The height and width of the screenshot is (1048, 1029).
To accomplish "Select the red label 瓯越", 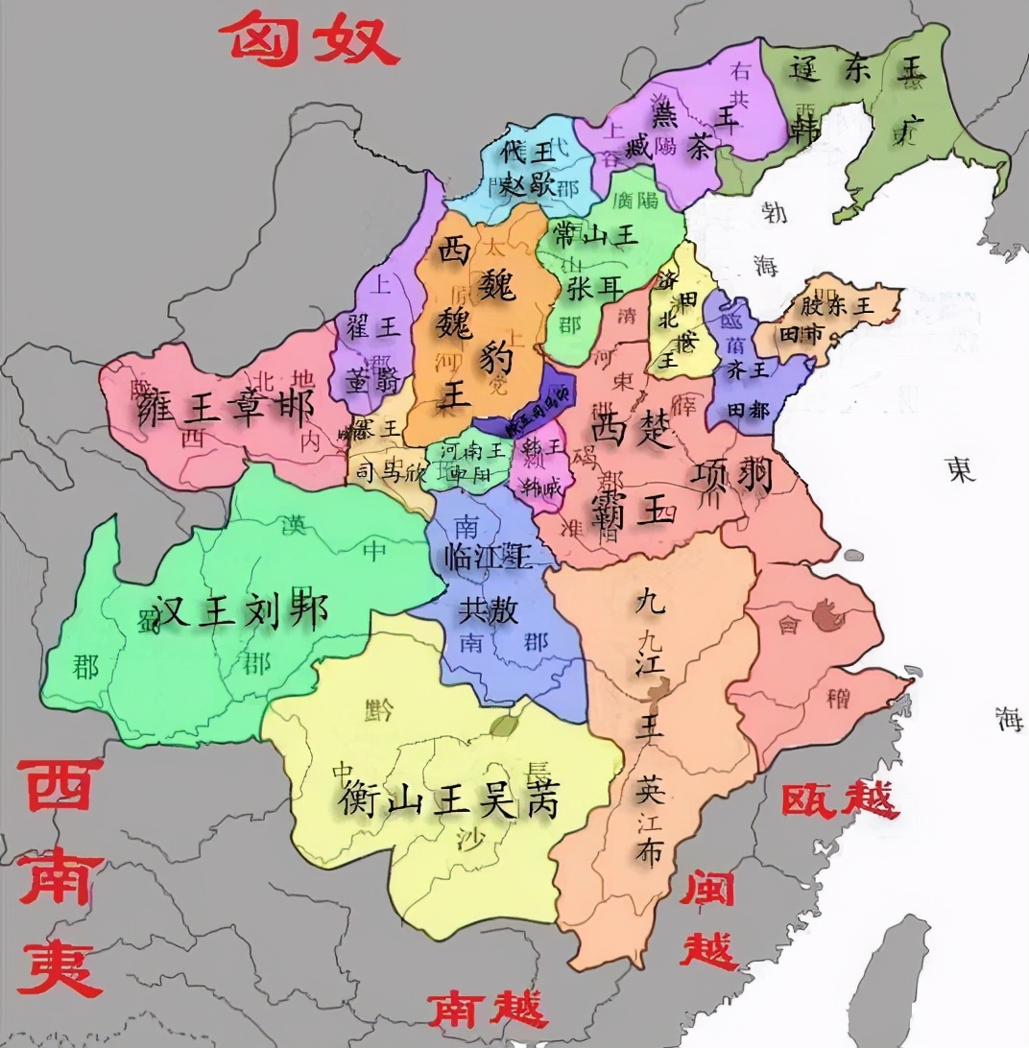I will click(841, 798).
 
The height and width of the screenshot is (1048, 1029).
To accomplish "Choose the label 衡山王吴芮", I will click(449, 798).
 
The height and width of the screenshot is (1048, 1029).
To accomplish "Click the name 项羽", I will click(731, 472).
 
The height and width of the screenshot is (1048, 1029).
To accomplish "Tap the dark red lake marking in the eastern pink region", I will click(826, 613).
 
